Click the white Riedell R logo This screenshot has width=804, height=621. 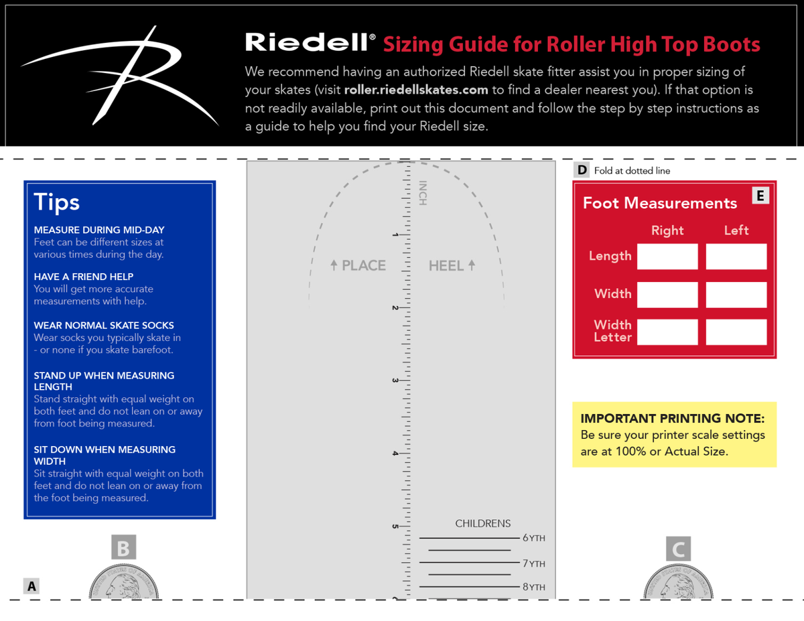coord(121,74)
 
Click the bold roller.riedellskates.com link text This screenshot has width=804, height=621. coord(416,90)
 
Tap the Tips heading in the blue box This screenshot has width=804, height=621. coord(57,202)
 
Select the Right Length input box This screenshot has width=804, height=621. coord(667,257)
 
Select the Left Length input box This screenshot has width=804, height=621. coord(736,257)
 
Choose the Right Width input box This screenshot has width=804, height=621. coord(667,295)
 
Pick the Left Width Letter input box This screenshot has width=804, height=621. coord(736,332)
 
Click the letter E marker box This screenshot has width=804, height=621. coord(760,196)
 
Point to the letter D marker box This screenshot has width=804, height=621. coord(582,170)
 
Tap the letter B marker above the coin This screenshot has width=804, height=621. coord(123,548)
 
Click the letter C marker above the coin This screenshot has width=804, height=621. coord(678,549)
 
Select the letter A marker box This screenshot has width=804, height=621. coord(31,586)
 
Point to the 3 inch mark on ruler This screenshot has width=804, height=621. coord(395,381)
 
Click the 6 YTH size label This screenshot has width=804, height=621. coord(533,538)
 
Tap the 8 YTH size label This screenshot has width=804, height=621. coord(533,587)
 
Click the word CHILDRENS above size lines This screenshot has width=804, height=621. coord(482,523)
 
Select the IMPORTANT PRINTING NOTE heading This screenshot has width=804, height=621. coord(672,419)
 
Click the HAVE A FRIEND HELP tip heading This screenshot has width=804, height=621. coord(84,277)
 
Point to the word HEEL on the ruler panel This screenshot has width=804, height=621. coord(446,266)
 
